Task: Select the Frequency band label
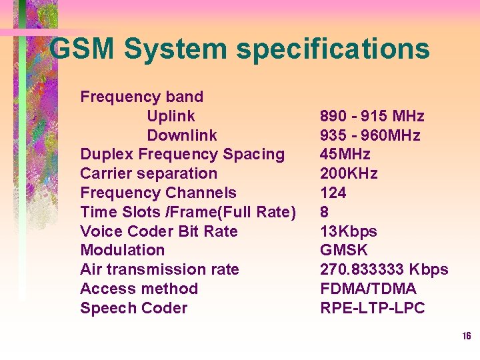[141, 97]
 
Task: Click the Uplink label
[171, 117]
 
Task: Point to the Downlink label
[181, 136]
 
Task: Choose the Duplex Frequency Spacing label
[182, 155]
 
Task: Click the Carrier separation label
[148, 174]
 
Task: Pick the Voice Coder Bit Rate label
[159, 232]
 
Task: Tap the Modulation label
[122, 251]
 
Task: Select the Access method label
[139, 289]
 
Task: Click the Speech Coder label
[133, 309]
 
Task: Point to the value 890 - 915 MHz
[372, 117]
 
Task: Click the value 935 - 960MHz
[370, 136]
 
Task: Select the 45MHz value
[345, 155]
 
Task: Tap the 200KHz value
[349, 174]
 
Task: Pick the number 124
[333, 193]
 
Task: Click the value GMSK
[343, 251]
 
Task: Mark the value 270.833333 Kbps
[384, 270]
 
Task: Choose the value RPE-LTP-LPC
[372, 309]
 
